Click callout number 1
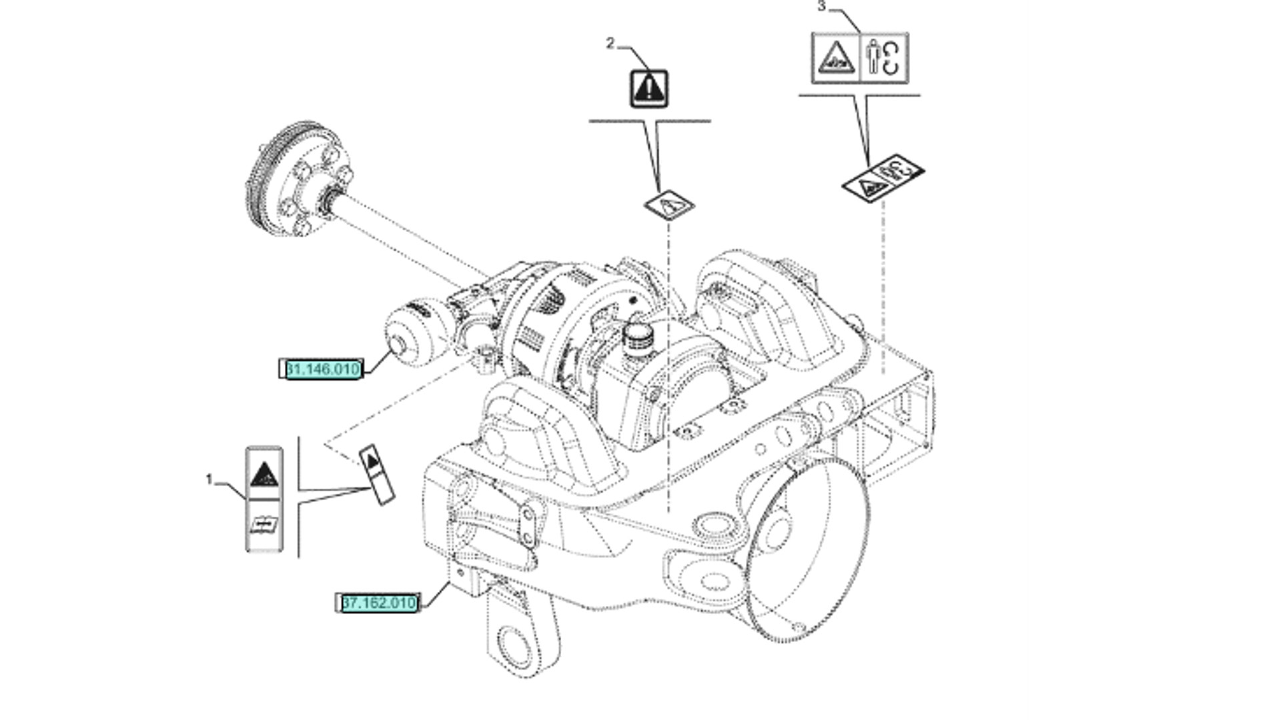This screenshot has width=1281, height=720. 209,480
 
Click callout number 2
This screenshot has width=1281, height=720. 610,43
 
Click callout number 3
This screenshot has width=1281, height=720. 821,7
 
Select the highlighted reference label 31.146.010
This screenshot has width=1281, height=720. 322,369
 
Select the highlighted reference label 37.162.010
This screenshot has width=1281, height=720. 378,603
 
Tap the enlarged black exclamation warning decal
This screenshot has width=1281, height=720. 649,89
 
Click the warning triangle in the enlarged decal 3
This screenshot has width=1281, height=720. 836,59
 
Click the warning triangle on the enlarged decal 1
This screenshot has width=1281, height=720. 264,475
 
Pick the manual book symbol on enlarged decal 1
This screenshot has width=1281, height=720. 264,526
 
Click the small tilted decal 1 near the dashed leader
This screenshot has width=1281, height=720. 377,474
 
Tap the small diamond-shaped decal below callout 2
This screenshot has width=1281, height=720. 669,204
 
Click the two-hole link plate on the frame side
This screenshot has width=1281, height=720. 528,526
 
